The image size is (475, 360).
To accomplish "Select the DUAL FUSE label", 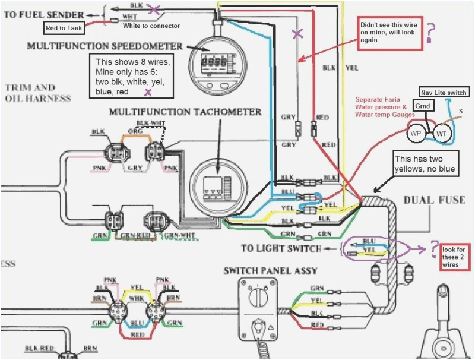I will (x=434, y=200).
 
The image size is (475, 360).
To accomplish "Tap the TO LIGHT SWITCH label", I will (x=281, y=248).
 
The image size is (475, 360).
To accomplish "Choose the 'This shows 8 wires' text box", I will (x=131, y=75).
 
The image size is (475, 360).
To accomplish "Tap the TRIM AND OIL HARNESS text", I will (x=38, y=93).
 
